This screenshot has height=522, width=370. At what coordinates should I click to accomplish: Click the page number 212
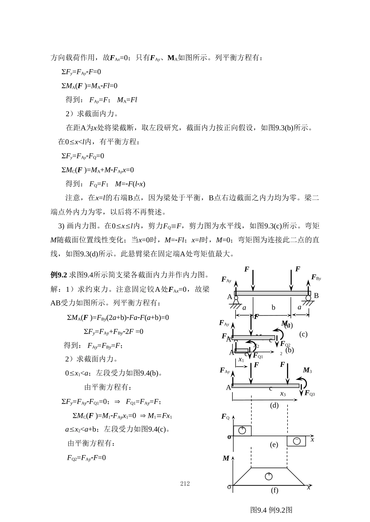tap(185, 483)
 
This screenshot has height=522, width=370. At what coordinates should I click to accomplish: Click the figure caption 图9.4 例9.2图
tap(271, 510)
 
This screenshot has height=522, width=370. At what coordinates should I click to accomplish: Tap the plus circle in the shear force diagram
tap(242, 430)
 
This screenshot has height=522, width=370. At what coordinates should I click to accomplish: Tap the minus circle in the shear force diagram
tap(297, 441)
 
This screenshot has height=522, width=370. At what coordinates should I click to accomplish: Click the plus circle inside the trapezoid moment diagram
tap(268, 476)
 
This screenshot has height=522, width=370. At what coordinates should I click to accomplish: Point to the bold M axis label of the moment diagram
tap(226, 458)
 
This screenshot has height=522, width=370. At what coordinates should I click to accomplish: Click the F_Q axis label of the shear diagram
tap(225, 417)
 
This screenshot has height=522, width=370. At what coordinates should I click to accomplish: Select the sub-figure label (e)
tap(274, 445)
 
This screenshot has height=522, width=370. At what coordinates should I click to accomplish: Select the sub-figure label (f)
tap(275, 490)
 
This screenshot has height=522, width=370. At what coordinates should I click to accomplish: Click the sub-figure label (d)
tap(274, 405)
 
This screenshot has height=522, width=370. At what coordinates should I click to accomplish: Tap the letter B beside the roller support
tap(316, 296)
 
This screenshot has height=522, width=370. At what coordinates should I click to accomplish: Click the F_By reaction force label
tap(316, 277)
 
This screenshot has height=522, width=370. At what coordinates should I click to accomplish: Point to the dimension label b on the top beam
tap(273, 307)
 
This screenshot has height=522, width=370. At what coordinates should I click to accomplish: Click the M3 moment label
tap(307, 370)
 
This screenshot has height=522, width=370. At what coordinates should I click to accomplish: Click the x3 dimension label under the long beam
tap(283, 394)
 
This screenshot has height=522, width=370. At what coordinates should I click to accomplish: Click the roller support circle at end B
tap(308, 298)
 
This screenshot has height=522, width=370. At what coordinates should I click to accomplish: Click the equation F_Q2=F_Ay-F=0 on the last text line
tap(86, 458)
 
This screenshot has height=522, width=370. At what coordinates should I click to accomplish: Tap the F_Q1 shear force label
tap(258, 356)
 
